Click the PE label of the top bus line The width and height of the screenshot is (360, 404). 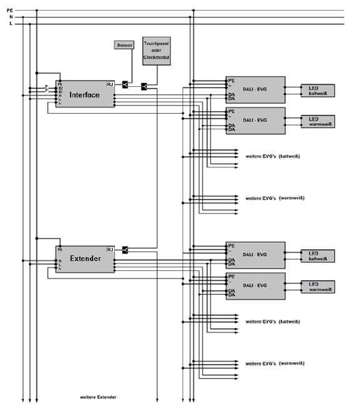point(9,10)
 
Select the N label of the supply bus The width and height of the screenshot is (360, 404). point(10,17)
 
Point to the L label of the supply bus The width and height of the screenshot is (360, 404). point(10,24)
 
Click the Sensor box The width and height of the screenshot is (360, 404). point(123,46)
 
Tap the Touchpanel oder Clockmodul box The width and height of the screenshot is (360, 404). point(157,50)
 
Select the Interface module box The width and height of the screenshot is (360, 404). point(84,94)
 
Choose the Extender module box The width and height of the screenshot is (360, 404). point(84,259)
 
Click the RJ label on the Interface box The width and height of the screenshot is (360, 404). point(110,84)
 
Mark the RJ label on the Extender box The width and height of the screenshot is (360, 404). point(110,249)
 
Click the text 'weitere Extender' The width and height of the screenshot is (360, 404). point(98,397)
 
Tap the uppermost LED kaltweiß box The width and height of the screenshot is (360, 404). point(317,90)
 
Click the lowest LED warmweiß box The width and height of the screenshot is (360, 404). point(317,287)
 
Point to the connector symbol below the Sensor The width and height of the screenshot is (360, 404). point(126,84)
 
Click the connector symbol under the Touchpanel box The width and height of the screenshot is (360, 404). point(144,86)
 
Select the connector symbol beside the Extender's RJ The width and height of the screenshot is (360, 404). point(125,250)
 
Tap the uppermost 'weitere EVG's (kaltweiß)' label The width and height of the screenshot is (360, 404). point(270,155)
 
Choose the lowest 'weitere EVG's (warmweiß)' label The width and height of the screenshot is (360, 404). point(270,363)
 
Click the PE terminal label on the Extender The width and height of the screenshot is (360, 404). point(59,249)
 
